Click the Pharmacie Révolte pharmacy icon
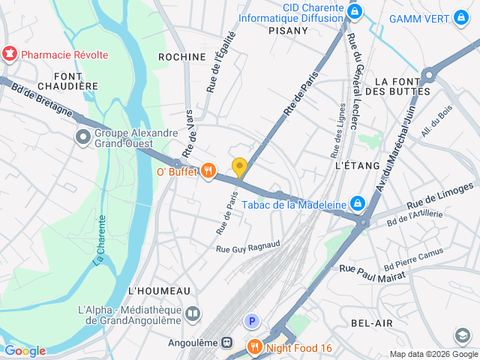pyautogui.click(x=10, y=55)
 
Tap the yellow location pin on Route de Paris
pyautogui.click(x=239, y=167)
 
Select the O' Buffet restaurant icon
pyautogui.click(x=208, y=172)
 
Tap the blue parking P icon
pyautogui.click(x=253, y=322)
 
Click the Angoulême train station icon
pyautogui.click(x=226, y=342)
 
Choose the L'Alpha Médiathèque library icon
pyautogui.click(x=193, y=313)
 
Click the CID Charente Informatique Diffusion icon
pyautogui.click(x=356, y=12)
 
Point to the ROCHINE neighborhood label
pyautogui.click(x=181, y=57)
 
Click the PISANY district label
pyautogui.click(x=288, y=31)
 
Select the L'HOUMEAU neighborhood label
pyautogui.click(x=160, y=290)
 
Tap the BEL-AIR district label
pyautogui.click(x=371, y=322)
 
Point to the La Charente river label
pyautogui.click(x=100, y=240)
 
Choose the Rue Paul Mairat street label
pyautogui.click(x=372, y=272)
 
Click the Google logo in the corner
pyautogui.click(x=25, y=351)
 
